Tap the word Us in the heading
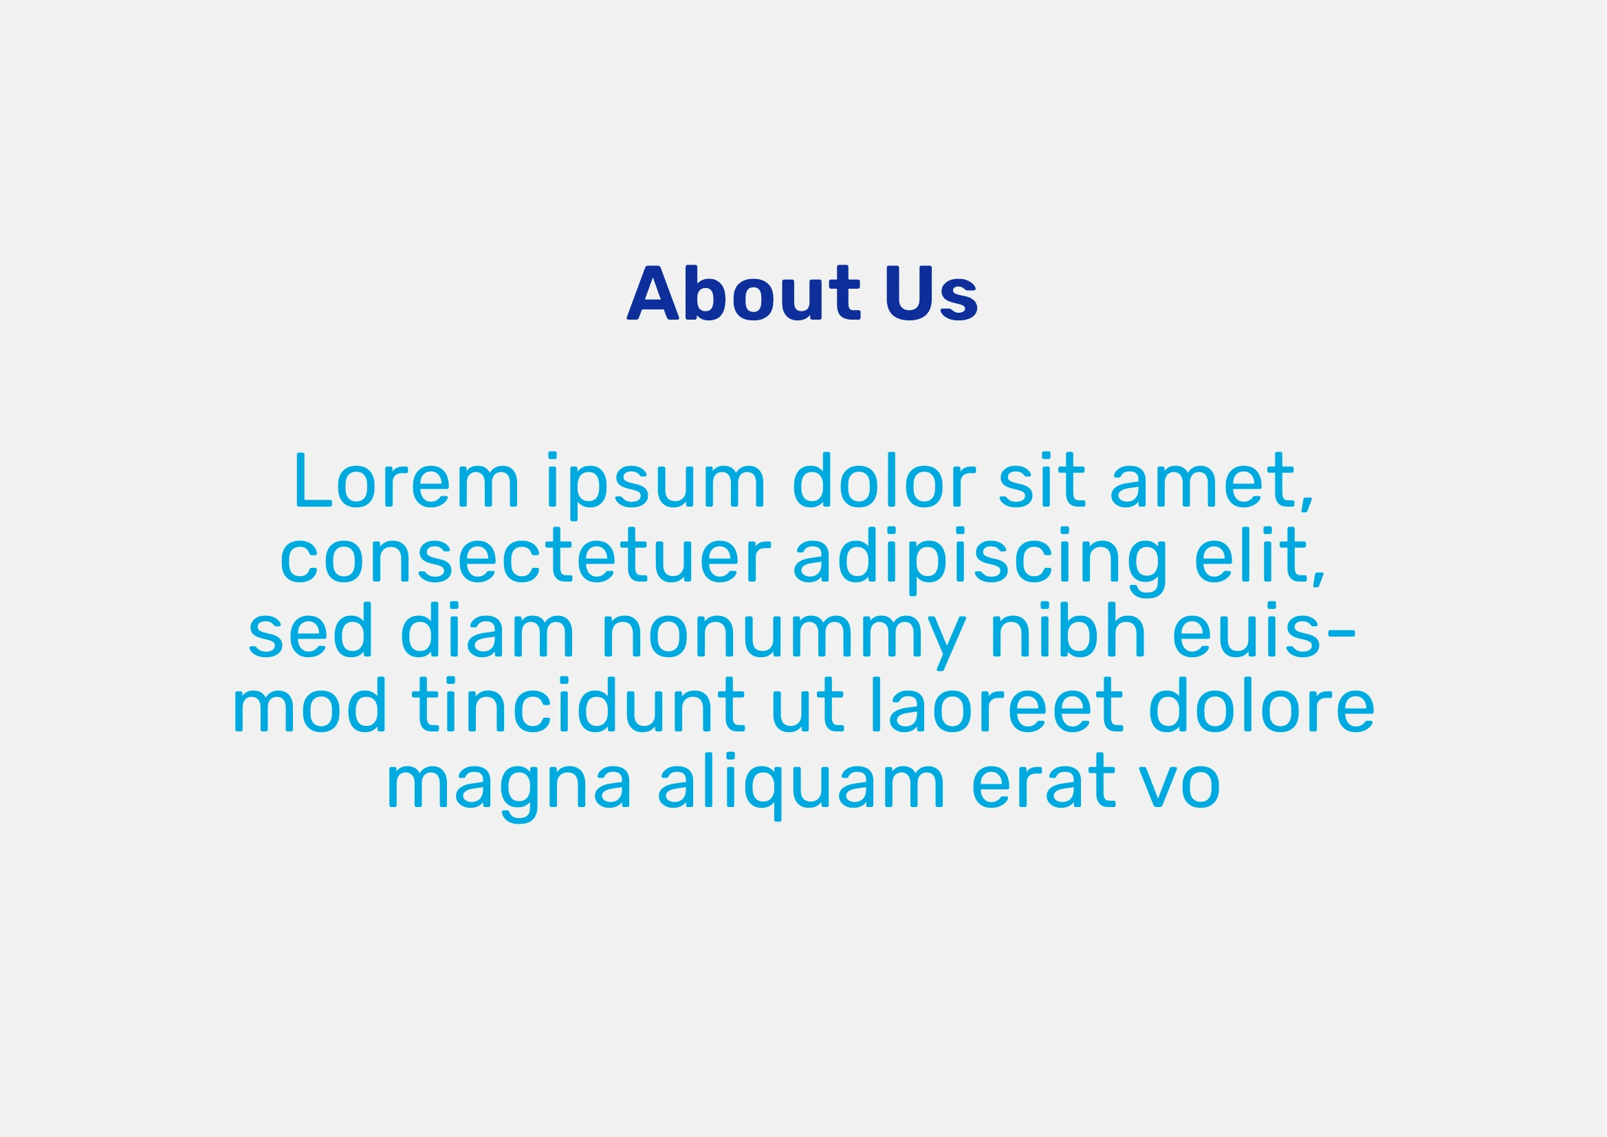(931, 293)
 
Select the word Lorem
(407, 480)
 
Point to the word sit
(1041, 480)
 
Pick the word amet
(1212, 483)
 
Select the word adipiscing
(981, 561)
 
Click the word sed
(309, 630)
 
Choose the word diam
(487, 630)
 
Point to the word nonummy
(784, 638)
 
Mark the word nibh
(1068, 630)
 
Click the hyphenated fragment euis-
(1264, 630)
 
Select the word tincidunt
(578, 705)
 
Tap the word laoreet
(998, 705)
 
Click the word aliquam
(802, 786)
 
